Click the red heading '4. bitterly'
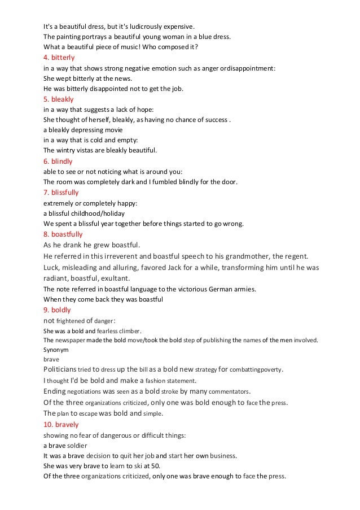pos(59,58)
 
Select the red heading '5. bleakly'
pos(59,99)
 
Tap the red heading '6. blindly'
pos(58,161)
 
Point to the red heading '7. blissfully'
pos(61,192)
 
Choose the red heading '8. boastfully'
pos(63,234)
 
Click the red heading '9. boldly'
pos(58,310)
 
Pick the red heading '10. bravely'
pos(61,424)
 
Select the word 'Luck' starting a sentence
pos(51,267)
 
